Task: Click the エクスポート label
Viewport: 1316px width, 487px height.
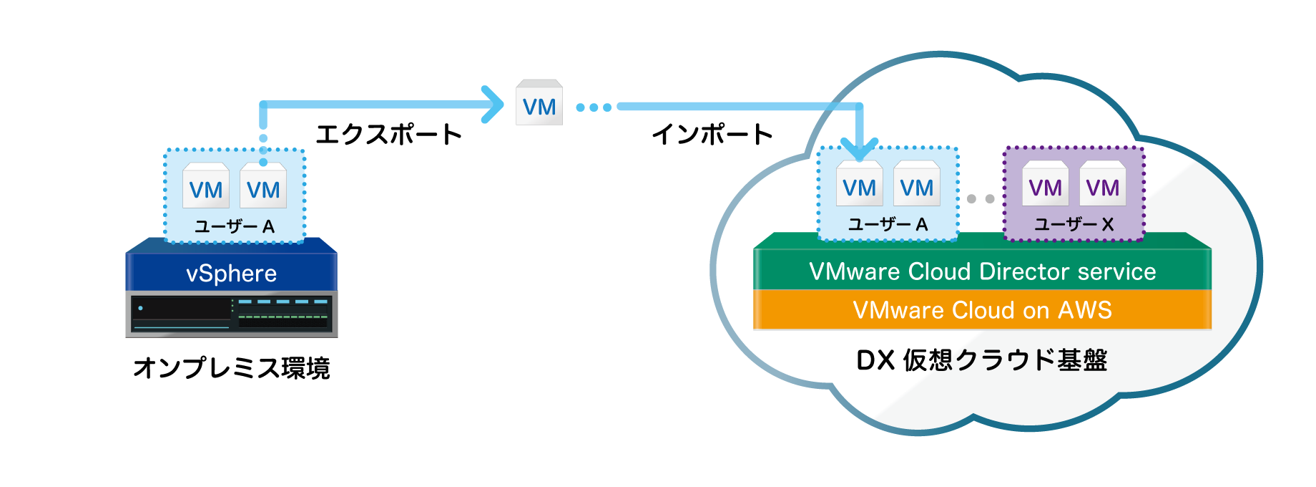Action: [x=389, y=134]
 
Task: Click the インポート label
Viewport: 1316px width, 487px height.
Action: [x=712, y=134]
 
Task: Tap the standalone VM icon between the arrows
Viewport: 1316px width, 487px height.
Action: [x=539, y=102]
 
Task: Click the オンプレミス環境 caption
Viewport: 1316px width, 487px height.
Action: [x=232, y=367]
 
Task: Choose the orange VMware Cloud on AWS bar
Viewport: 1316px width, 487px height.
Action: [x=982, y=309]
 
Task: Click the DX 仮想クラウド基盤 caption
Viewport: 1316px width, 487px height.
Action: [x=981, y=360]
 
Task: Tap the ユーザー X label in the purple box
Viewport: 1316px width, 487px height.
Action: [x=1074, y=225]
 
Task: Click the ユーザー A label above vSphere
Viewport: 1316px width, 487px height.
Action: [x=235, y=227]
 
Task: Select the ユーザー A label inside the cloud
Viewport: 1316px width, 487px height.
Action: [x=888, y=225]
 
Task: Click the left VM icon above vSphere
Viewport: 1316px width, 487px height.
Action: [x=206, y=185]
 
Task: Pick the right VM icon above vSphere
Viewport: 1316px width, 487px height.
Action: [x=263, y=185]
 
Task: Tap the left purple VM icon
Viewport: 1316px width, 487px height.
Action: [x=1045, y=183]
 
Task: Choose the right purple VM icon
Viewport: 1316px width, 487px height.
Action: [x=1102, y=183]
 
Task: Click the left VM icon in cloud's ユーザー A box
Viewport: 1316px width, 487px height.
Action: [x=859, y=183]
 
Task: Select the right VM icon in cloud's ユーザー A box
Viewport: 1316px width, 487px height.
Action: [x=916, y=183]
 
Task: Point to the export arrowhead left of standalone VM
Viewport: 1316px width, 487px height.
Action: [x=493, y=105]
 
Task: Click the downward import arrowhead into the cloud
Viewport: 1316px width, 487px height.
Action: [x=859, y=148]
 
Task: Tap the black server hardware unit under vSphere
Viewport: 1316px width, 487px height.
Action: [x=232, y=314]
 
